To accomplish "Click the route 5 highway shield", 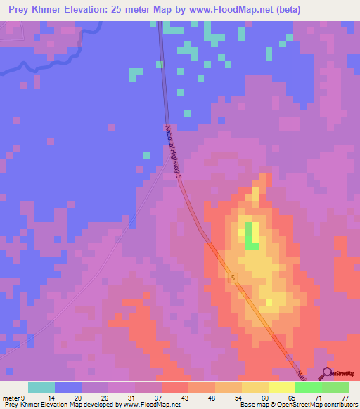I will pyautogui.click(x=233, y=279).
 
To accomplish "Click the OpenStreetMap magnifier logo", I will pyautogui.click(x=327, y=372).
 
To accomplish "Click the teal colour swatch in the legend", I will pyautogui.click(x=41, y=387).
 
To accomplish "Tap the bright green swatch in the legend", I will pyautogui.click(x=308, y=387).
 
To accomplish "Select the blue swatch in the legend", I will pyautogui.click(x=67, y=387).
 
